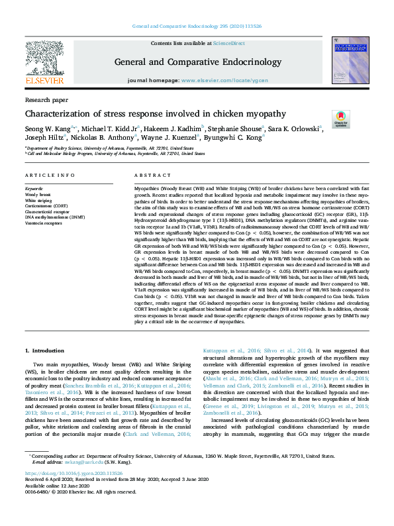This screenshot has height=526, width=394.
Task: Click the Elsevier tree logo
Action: click(44, 58)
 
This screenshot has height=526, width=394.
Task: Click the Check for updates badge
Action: click(340, 119)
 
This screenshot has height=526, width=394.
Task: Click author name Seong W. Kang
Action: click(46, 129)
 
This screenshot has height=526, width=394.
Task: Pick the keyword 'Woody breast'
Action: click(38, 194)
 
